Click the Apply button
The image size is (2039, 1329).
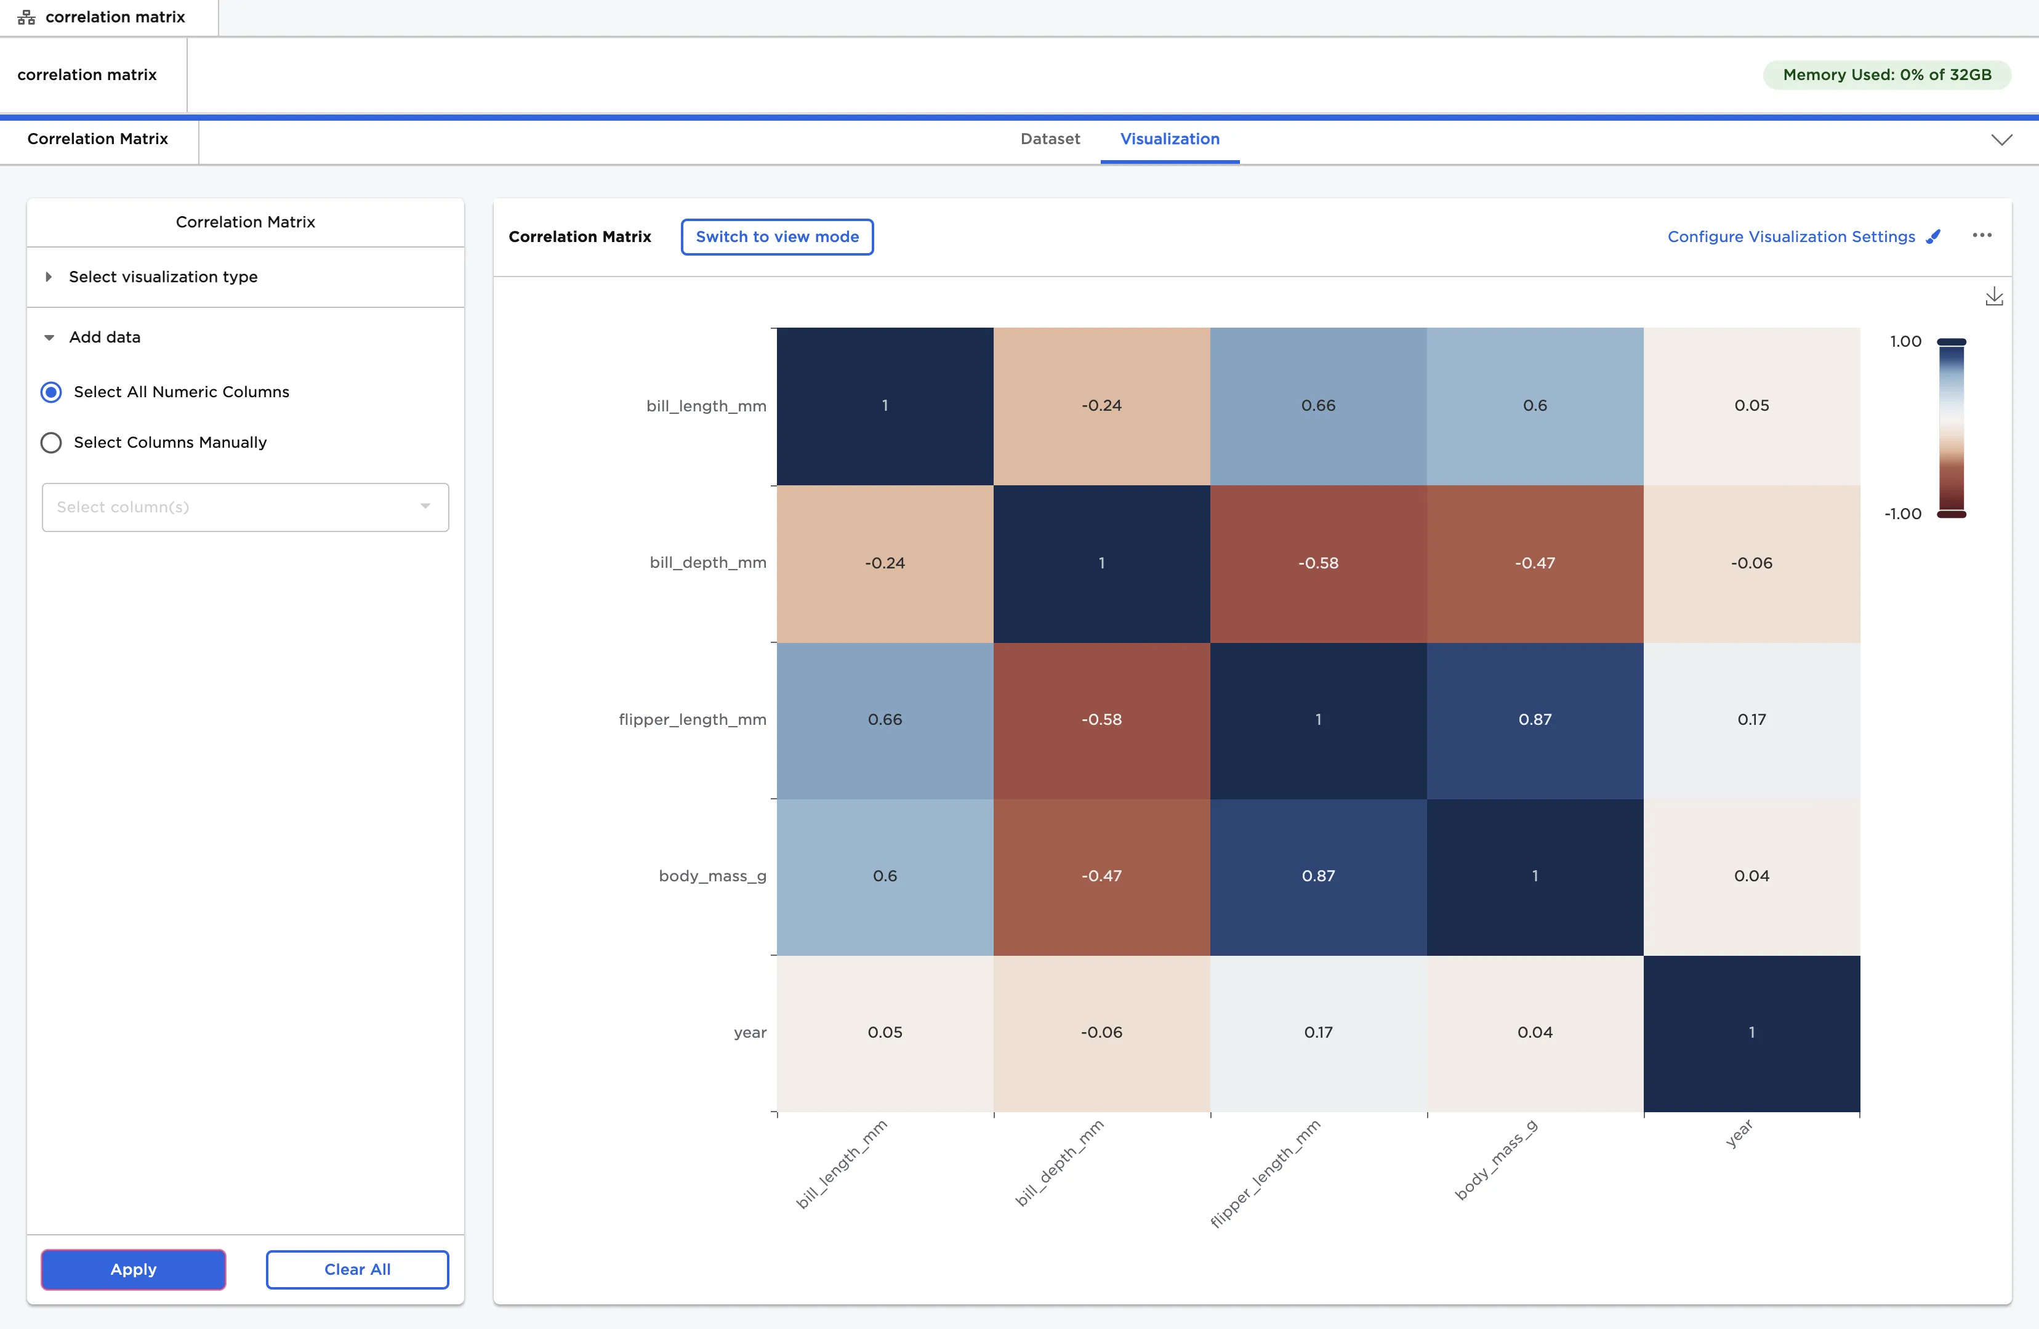133,1269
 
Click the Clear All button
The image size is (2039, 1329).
356,1269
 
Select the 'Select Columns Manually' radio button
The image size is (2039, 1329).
51,442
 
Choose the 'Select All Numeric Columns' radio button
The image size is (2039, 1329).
51,392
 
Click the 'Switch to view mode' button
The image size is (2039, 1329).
776,236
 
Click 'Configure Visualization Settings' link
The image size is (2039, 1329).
1790,236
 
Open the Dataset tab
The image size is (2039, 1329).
1050,139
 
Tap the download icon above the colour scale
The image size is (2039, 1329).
1993,296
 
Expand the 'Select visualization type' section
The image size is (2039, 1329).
163,277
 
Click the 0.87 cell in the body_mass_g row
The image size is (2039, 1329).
1317,876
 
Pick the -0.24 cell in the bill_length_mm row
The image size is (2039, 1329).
1101,405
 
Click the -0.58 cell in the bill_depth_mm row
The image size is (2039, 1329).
1317,563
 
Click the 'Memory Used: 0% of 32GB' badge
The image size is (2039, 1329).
1886,75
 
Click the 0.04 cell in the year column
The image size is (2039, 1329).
1751,876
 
